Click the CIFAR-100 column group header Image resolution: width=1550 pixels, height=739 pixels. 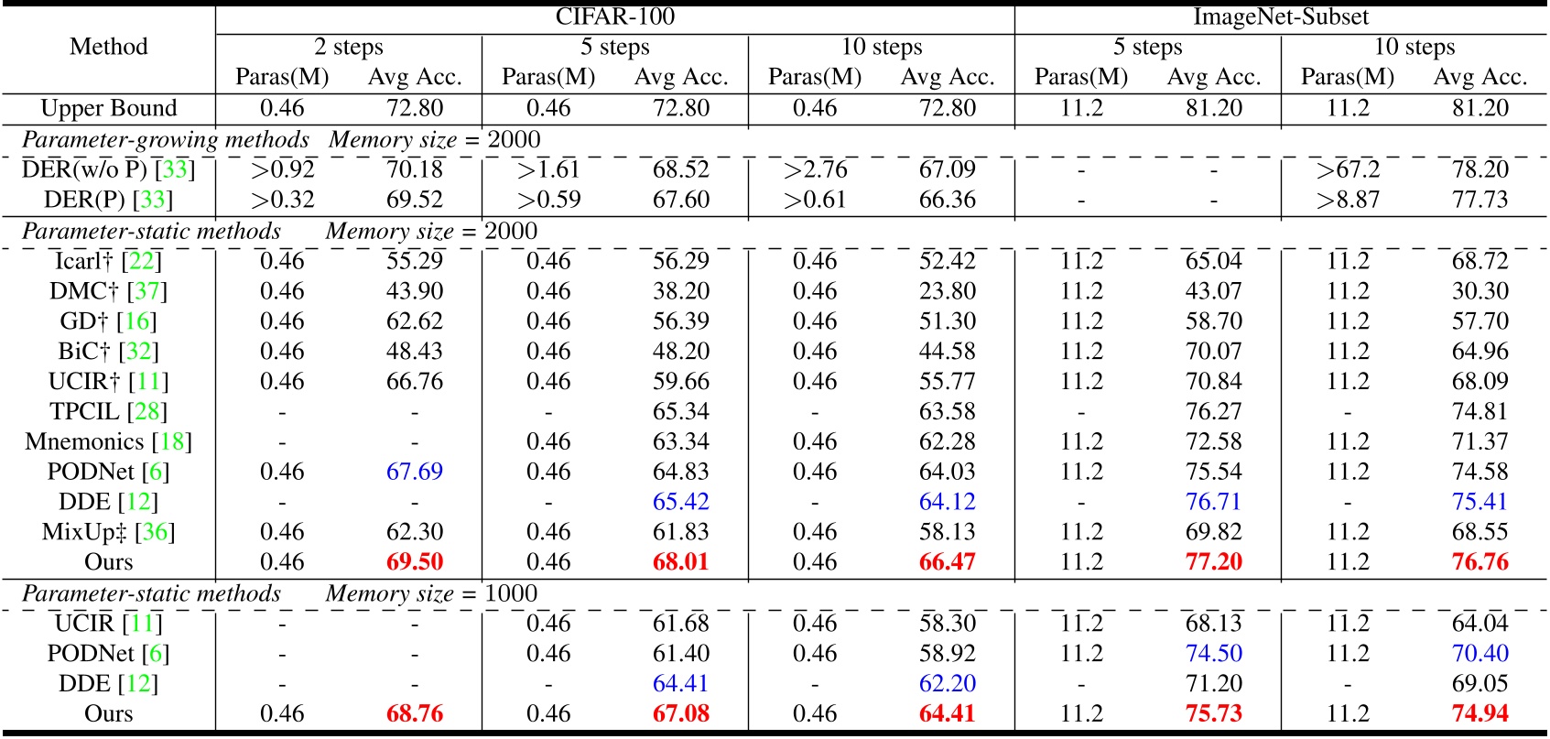point(614,16)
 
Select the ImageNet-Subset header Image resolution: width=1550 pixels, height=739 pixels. point(1280,16)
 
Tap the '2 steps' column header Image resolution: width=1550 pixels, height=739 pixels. point(348,47)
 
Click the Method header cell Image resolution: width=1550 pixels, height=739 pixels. point(108,47)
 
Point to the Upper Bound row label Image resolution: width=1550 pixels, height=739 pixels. point(108,108)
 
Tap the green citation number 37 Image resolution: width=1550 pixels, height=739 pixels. point(146,291)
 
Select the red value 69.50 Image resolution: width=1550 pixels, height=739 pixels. point(415,562)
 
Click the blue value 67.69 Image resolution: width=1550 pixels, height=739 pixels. point(415,472)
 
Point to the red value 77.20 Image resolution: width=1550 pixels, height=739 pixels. point(1214,562)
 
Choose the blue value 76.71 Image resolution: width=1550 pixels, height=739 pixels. point(1214,502)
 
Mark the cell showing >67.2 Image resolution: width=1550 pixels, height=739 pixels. point(1348,169)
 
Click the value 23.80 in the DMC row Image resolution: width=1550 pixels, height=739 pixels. point(948,291)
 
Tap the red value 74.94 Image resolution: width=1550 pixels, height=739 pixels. point(1480,713)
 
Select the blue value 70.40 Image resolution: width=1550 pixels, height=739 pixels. point(1480,653)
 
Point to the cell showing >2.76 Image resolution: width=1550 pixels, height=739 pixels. point(815,169)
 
